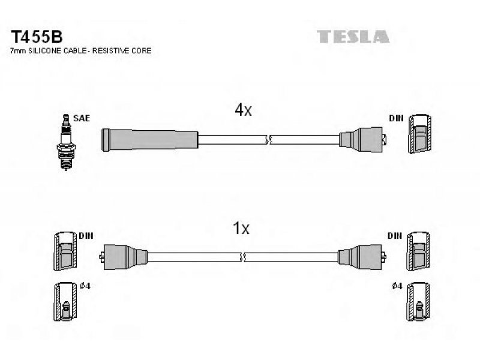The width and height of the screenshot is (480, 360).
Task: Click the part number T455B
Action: [x=37, y=37]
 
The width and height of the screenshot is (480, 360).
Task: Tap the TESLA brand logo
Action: [x=353, y=37]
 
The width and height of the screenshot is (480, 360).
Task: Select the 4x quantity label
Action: [x=243, y=110]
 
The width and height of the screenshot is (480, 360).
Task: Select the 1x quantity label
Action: [x=241, y=228]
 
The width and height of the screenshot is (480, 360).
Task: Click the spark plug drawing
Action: [x=66, y=142]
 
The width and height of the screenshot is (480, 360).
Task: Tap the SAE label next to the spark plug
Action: [x=82, y=118]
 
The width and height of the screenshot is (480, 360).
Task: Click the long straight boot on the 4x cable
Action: [x=150, y=140]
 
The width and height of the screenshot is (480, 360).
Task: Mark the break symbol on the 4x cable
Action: [x=269, y=140]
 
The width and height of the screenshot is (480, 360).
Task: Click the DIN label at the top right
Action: [x=397, y=118]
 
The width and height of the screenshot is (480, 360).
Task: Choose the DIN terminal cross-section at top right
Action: [x=420, y=134]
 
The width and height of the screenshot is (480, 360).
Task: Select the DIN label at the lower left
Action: [x=86, y=236]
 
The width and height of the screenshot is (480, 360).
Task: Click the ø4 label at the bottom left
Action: [x=85, y=286]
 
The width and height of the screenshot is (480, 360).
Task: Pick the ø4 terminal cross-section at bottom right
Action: [x=418, y=301]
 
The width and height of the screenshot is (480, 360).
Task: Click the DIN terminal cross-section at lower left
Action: [x=65, y=251]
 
